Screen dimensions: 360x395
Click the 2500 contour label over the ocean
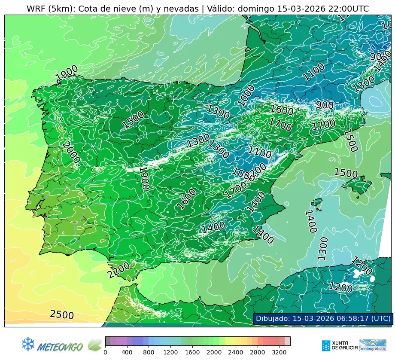(62, 315)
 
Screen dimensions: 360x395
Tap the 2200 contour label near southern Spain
(118, 270)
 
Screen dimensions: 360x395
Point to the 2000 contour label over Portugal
(71, 152)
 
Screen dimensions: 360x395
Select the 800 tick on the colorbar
(149, 352)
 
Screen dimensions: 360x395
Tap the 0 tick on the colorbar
(105, 352)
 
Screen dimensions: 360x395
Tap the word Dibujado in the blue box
(273, 318)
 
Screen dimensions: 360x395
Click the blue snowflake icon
(28, 344)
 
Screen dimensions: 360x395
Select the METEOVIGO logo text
(60, 346)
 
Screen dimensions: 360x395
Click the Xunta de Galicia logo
(339, 345)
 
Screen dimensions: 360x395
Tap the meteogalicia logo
(373, 345)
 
